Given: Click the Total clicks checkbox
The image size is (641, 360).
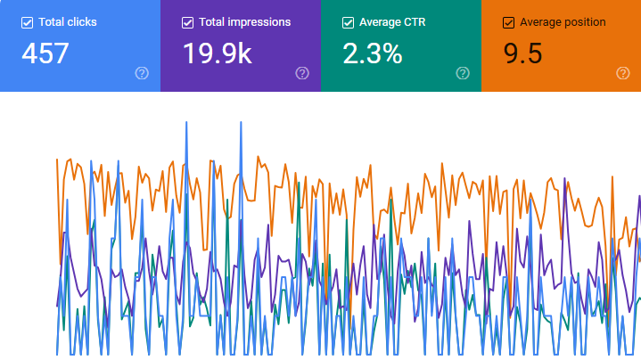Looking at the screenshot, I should pos(27,22).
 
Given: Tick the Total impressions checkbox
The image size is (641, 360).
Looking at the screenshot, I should pos(187,22).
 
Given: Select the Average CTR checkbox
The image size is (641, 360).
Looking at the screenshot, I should pos(348,22).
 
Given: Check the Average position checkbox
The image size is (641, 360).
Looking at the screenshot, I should pos(508,22).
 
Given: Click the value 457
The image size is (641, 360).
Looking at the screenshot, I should pos(45,53).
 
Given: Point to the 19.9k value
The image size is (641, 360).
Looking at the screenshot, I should pos(217,53).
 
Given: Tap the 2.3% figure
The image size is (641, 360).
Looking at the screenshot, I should pos(372,53).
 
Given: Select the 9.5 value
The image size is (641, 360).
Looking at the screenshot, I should pos(522,53).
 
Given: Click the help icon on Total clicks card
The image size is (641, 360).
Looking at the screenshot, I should pos(142,73).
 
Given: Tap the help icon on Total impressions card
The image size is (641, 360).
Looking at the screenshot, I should pos(302,73).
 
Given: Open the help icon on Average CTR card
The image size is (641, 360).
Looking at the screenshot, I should pos(463,73).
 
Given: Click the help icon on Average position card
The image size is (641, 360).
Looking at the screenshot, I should pos(623,73).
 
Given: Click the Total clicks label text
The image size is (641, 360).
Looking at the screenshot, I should pos(67,22).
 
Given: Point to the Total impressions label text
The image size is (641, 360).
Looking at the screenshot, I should pos(244,22).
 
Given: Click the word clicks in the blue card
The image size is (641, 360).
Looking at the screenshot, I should pos(81,22).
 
